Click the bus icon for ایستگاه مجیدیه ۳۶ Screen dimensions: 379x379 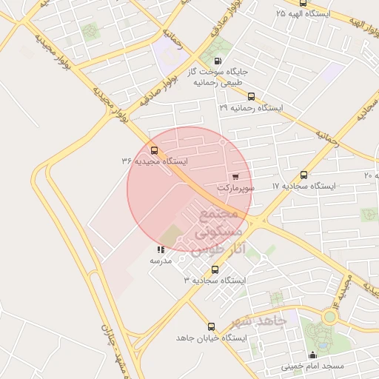pos(154,150)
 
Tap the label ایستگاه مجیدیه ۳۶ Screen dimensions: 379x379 pos(155,161)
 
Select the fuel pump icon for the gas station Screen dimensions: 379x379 pos(217,61)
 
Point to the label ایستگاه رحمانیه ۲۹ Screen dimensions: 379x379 pos(251,107)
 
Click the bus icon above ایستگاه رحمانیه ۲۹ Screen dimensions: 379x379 pos(251,96)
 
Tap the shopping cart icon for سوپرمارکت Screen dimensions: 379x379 pos(235,176)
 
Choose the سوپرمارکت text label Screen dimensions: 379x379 pos(235,189)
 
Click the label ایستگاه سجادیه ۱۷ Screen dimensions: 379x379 pos(303,186)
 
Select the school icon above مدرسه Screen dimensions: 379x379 pos(161,249)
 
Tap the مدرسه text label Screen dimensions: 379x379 pos(161,261)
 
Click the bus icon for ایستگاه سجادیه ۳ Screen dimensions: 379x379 pos(215,269)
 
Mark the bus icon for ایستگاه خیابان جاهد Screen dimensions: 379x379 pos(212,326)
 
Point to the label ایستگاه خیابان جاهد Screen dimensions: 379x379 pos(212,338)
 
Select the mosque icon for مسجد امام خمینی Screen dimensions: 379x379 pos(312,355)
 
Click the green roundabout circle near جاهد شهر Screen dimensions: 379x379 pos(329,316)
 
